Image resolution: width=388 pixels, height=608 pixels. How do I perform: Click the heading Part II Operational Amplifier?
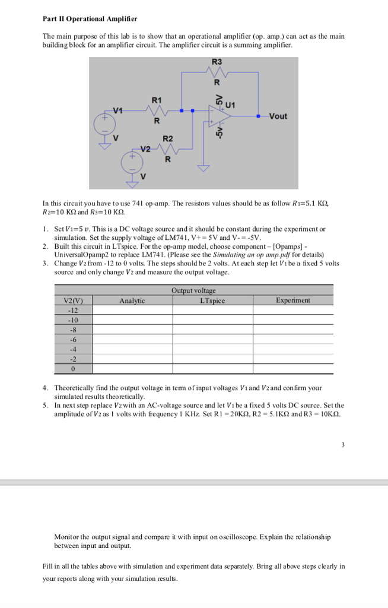tap(90, 19)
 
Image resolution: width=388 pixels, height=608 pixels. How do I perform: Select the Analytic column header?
tap(132, 300)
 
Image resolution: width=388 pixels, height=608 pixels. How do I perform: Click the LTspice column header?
tap(212, 300)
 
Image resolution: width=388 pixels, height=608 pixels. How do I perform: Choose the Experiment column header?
tap(292, 300)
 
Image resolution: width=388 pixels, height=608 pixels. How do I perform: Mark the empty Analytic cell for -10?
tap(132, 320)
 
